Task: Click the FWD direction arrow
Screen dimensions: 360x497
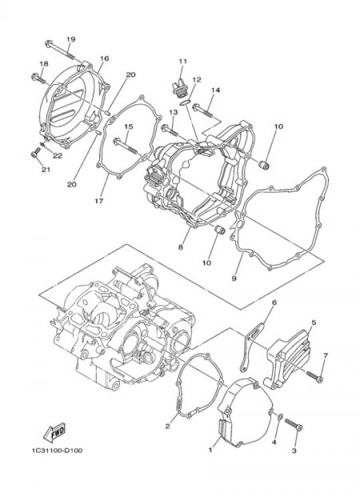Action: coord(55,432)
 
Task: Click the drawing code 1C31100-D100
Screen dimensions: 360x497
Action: coord(57,450)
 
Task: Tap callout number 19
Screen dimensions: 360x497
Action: coord(71,39)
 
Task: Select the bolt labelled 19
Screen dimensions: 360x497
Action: coord(60,50)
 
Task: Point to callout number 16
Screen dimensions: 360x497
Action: coord(105,58)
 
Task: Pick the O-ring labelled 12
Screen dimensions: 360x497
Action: coord(185,102)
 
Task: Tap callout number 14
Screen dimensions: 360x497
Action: coord(215,90)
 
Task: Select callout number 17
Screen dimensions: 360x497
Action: coord(99,201)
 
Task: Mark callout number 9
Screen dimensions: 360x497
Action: coord(234,279)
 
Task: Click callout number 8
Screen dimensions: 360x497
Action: coord(181,247)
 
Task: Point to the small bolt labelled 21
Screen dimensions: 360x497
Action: coord(35,152)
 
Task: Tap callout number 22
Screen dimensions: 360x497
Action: coord(57,155)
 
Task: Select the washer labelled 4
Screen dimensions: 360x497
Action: coord(281,418)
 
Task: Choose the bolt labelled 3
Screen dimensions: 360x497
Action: coord(294,425)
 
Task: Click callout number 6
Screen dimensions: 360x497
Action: coord(274,302)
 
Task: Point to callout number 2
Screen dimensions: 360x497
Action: coord(167,426)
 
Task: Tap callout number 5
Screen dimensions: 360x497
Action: coord(313,323)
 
